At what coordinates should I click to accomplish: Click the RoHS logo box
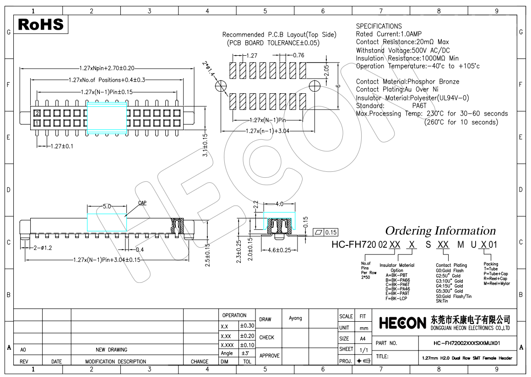click(x=40, y=24)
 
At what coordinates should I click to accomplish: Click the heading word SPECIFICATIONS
click(x=379, y=26)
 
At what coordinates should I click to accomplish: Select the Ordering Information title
click(x=440, y=230)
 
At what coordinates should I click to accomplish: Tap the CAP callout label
click(x=142, y=202)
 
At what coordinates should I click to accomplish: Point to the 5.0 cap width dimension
click(x=107, y=207)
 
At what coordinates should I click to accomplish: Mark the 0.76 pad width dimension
click(x=298, y=55)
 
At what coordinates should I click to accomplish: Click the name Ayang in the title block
click(x=295, y=318)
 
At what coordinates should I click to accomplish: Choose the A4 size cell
click(x=363, y=339)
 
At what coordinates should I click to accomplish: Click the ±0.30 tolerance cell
click(x=247, y=326)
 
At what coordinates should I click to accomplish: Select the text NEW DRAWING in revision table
click(x=112, y=350)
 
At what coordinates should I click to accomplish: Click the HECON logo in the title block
click(x=402, y=323)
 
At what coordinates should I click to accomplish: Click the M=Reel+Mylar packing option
click(x=496, y=283)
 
